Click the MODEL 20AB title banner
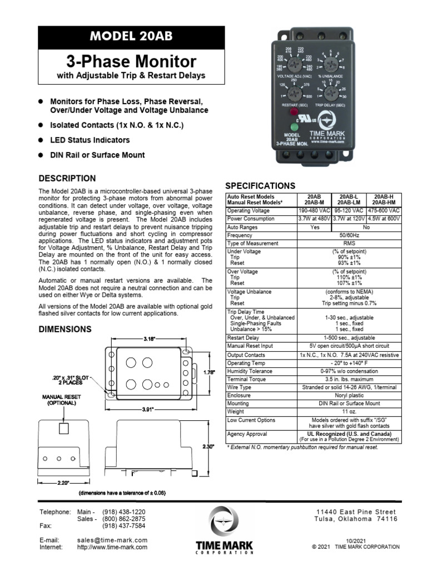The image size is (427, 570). (x=131, y=37)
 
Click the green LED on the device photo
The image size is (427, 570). (x=292, y=126)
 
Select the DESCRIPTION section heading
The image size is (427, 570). (x=67, y=179)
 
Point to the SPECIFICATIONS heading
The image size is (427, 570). (x=260, y=186)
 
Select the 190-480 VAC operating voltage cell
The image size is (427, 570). (x=315, y=211)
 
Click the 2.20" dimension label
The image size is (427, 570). (x=64, y=483)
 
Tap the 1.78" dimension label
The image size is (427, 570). (x=208, y=372)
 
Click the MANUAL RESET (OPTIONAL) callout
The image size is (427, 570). (x=59, y=400)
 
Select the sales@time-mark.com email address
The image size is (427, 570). (x=112, y=540)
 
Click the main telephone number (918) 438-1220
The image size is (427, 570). (x=123, y=512)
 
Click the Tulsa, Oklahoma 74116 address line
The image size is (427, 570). (x=356, y=519)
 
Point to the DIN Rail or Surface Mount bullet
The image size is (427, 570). (x=97, y=155)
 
